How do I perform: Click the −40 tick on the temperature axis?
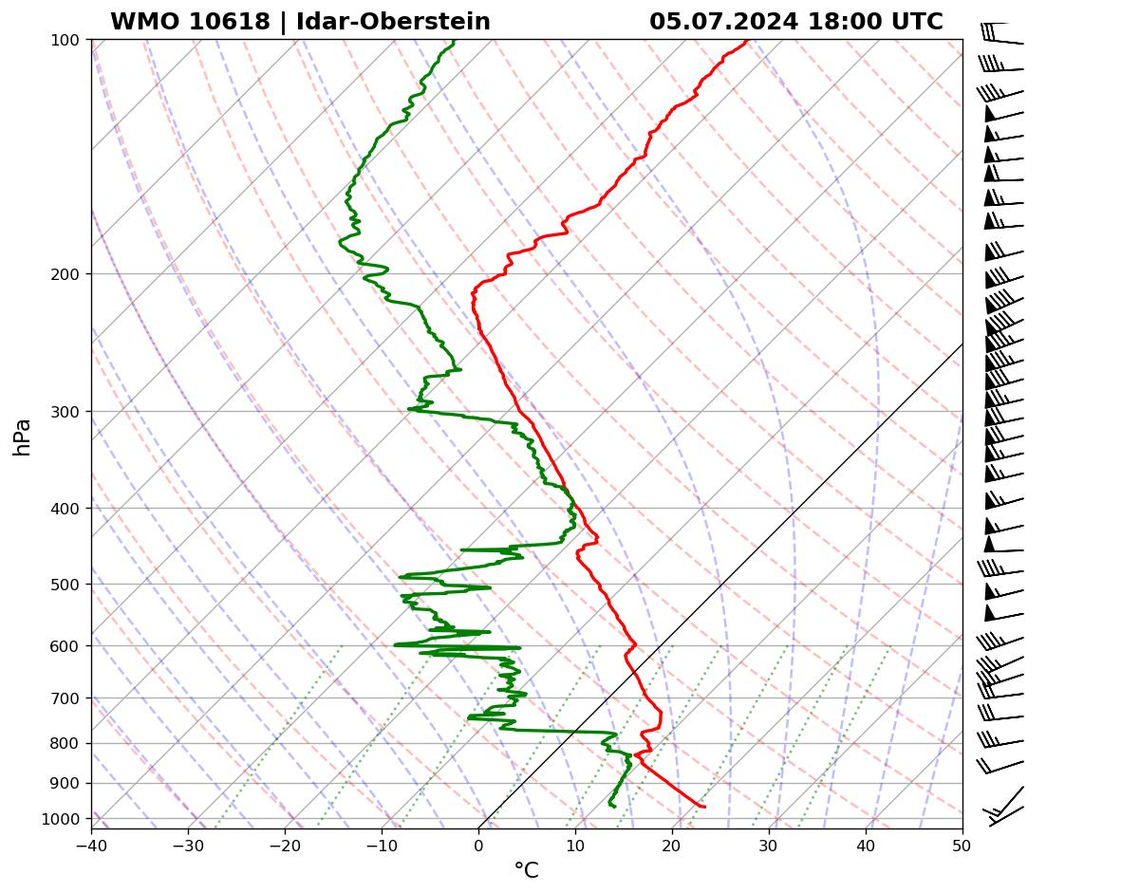(91, 845)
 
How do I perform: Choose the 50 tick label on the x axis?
(962, 845)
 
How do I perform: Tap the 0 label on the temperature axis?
(478, 845)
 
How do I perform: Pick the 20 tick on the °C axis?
(672, 845)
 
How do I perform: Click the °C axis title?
(526, 870)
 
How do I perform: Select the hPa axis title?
(23, 437)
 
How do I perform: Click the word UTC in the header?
(917, 22)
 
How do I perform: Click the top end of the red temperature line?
(746, 41)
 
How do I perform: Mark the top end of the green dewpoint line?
(454, 41)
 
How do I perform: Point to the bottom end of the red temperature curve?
(704, 807)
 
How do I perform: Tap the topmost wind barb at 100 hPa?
(1001, 35)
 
